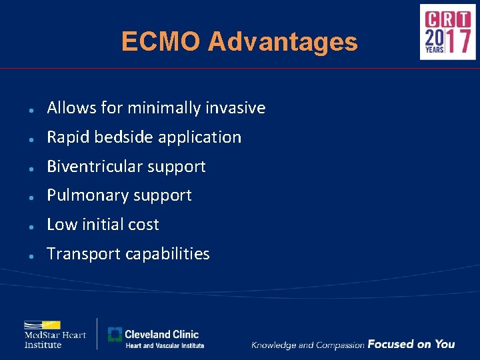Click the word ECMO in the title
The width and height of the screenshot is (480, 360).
coord(161,42)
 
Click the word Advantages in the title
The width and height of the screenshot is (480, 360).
coord(283,42)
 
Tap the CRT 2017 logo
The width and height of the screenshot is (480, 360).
coord(447,32)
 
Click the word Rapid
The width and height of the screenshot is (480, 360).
coord(68,137)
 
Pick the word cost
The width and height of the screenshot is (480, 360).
coord(144,225)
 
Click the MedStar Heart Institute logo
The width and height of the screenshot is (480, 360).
coord(55,333)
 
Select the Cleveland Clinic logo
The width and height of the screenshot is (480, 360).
coord(156,338)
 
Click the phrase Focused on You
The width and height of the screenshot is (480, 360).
coord(411,344)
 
